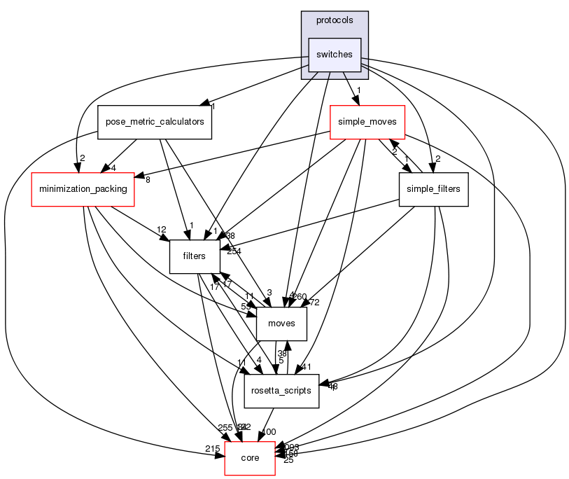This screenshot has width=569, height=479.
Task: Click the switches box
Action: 335,55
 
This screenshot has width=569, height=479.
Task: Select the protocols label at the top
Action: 335,20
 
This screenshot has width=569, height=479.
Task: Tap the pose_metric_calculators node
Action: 155,122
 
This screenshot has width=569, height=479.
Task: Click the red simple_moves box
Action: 368,122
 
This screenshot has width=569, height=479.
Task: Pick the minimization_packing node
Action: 83,189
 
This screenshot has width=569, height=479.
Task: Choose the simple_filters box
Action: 433,189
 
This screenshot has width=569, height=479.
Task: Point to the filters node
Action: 194,256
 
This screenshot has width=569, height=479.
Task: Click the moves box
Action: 281,324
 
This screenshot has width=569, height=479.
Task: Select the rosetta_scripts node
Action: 281,391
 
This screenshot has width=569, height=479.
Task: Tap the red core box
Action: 250,458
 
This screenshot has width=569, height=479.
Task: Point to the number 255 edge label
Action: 225,428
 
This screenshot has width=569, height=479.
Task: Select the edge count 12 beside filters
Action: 161,230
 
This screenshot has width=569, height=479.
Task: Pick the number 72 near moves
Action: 314,303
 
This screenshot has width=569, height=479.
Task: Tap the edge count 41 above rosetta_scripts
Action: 306,367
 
